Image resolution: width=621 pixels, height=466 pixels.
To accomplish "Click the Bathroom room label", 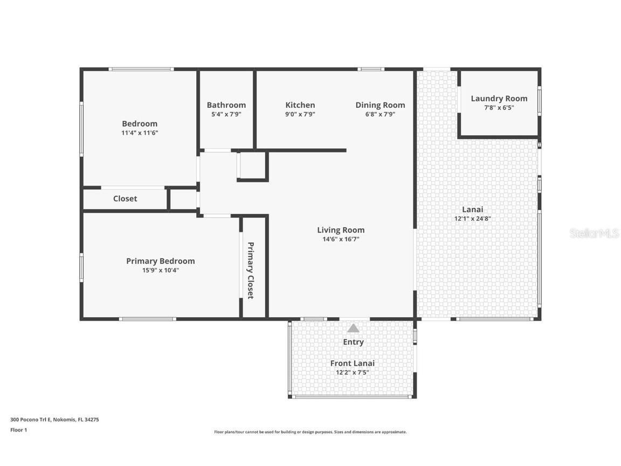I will [x=226, y=105].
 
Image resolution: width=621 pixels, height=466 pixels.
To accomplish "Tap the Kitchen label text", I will [x=300, y=105].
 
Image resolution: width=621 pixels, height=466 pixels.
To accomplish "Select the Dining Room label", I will [x=380, y=105].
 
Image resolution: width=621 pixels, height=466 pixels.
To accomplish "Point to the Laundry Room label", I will [x=499, y=98].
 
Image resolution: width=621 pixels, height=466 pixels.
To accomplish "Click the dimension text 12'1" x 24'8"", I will [x=472, y=218].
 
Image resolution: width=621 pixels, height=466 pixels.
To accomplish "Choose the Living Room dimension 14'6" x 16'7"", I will [x=341, y=239].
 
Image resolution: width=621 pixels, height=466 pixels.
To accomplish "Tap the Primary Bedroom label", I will [x=161, y=261].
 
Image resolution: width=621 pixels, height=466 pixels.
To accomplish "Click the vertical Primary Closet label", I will [x=251, y=270].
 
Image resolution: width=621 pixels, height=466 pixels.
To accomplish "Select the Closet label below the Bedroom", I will [x=125, y=198].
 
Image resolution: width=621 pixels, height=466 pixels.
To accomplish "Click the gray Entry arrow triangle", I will [x=353, y=328].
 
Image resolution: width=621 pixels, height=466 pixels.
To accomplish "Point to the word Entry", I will [x=353, y=342].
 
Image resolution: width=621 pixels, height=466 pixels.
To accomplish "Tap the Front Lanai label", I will [x=352, y=363].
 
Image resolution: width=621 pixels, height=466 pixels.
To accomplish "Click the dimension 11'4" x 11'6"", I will [x=140, y=133].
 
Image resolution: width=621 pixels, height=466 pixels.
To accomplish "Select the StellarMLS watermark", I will [x=594, y=233].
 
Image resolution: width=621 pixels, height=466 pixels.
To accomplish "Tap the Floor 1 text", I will [x=18, y=430].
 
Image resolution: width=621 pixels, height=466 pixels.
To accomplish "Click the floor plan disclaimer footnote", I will [x=310, y=432].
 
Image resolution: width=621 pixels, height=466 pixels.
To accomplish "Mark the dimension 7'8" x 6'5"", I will [x=499, y=107].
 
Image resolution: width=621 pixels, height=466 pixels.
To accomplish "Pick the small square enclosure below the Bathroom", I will [x=252, y=166].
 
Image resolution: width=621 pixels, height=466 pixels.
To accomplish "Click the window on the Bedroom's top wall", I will [x=141, y=69].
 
